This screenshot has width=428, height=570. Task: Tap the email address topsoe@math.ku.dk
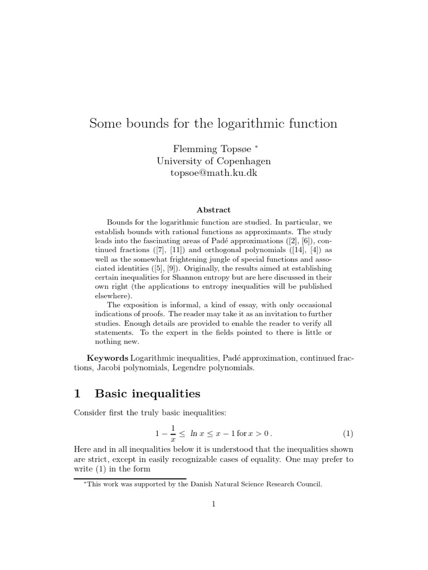[x=213, y=173]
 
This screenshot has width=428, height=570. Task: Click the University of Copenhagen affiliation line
[x=213, y=161]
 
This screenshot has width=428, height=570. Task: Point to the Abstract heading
[x=213, y=210]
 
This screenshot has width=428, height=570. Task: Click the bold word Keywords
[x=108, y=357]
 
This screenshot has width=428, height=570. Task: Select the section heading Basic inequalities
[x=148, y=394]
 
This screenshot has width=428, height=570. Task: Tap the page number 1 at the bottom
[x=213, y=504]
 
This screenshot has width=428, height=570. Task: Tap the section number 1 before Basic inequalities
[x=77, y=394]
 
